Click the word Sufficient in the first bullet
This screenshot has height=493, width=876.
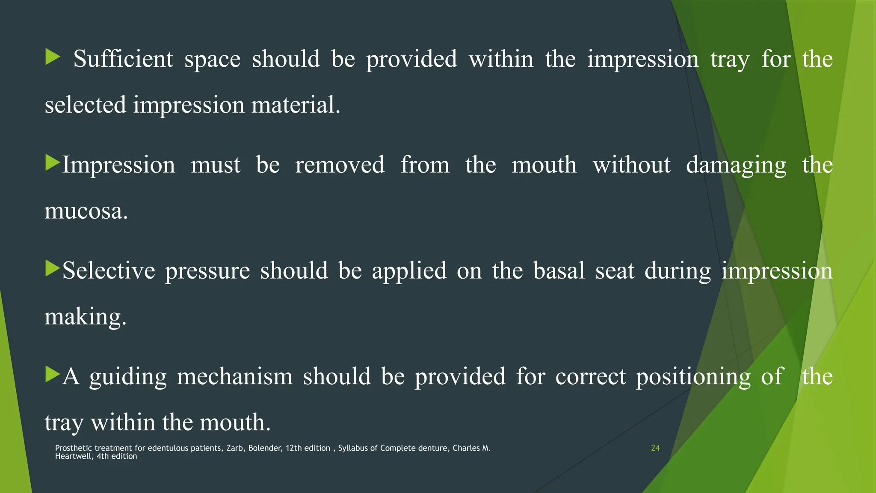(123, 59)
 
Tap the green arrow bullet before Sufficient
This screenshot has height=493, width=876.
(52, 57)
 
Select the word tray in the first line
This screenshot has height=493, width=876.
(730, 60)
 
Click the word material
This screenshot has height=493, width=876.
(296, 105)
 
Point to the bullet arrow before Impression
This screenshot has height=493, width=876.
(52, 163)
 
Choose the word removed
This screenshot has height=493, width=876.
(340, 165)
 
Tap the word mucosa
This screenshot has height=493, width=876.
(86, 211)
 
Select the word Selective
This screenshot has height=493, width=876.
(109, 271)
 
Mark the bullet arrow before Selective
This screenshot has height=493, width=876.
(52, 269)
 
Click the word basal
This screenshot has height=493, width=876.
(559, 271)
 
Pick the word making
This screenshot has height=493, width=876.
(86, 318)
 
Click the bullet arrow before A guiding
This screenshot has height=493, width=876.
(52, 374)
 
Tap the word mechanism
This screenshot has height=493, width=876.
(234, 377)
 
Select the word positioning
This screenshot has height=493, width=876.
(693, 377)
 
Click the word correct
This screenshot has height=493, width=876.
(590, 377)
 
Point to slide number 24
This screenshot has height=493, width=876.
(655, 448)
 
